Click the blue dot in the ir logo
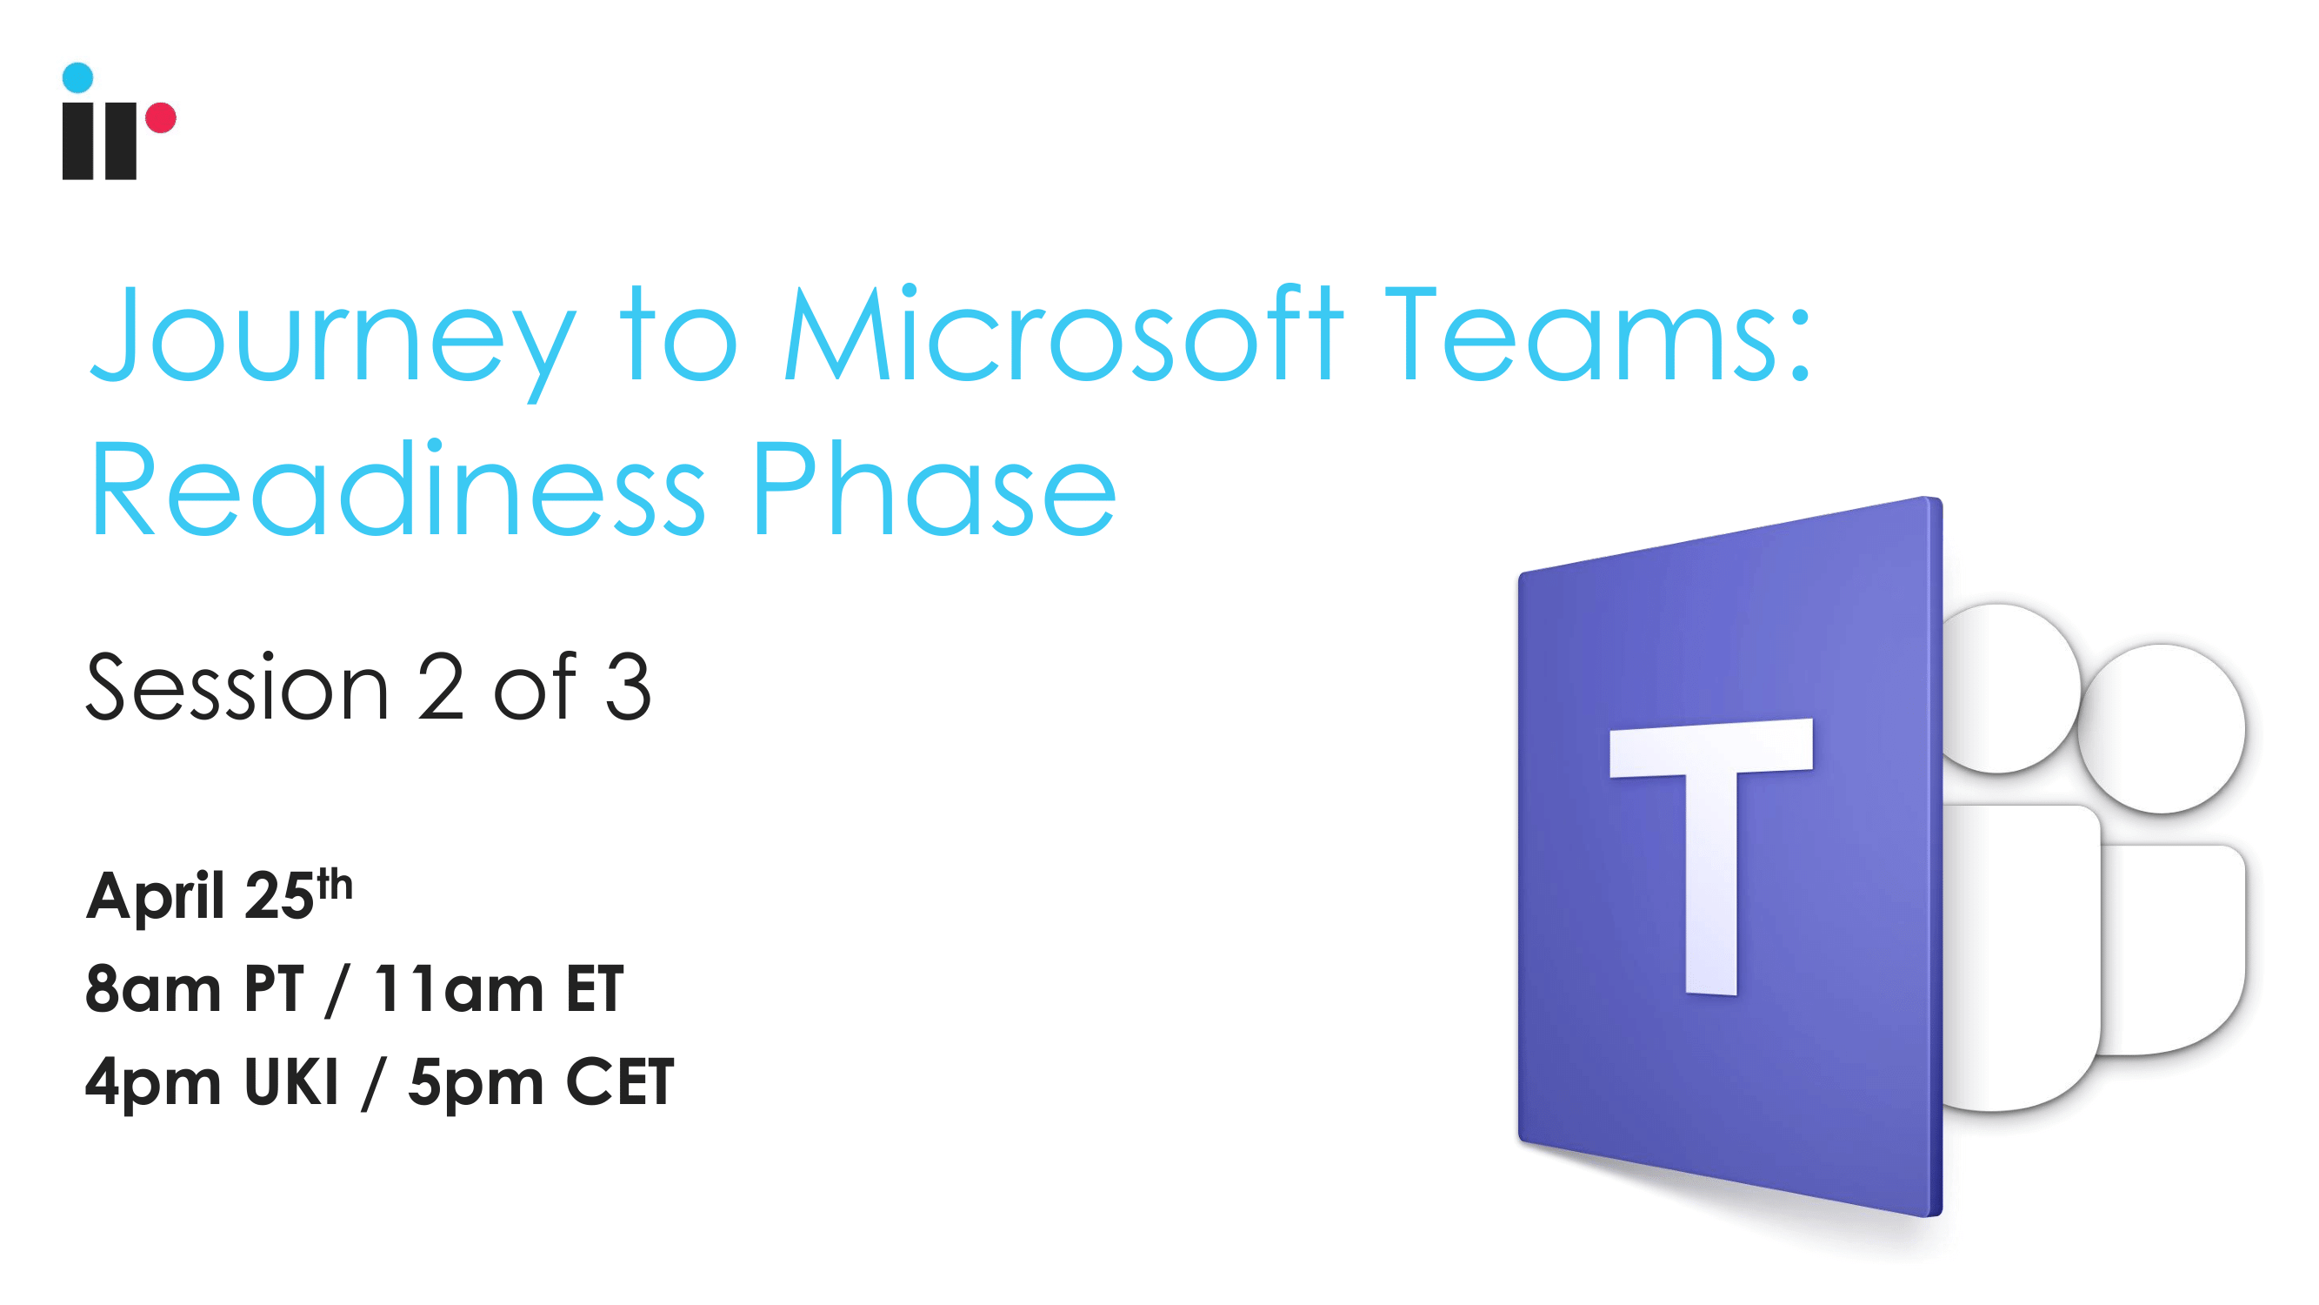click(77, 77)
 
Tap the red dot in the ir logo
click(161, 118)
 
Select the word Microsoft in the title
click(1064, 332)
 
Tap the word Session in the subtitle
click(237, 687)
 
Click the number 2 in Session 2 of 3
click(441, 686)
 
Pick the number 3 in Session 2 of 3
click(628, 687)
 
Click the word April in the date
click(155, 897)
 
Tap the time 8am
click(152, 988)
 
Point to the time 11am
click(459, 988)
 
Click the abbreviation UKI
click(290, 1081)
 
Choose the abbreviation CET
click(619, 1081)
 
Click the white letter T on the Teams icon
click(1710, 855)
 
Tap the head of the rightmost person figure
click(2161, 727)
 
